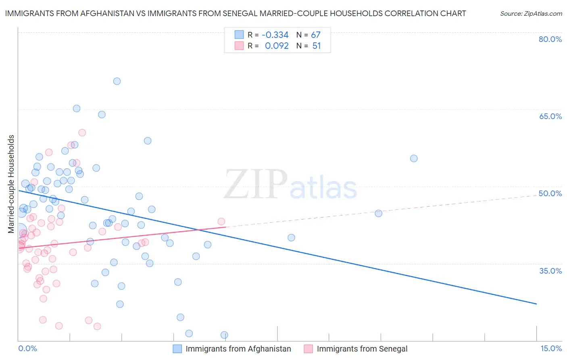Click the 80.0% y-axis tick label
click(x=550, y=39)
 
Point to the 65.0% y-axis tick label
click(x=550, y=116)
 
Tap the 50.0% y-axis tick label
click(x=550, y=193)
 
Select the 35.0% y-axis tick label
click(x=550, y=271)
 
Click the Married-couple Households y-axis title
click(x=11, y=184)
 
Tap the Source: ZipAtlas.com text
click(x=531, y=14)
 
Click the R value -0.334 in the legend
click(x=275, y=35)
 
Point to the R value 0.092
click(x=277, y=46)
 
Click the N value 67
click(x=316, y=35)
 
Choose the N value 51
click(x=317, y=46)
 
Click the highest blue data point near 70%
click(x=117, y=81)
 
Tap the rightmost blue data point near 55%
click(x=414, y=159)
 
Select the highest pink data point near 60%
click(x=82, y=133)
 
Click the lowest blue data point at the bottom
click(x=224, y=335)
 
